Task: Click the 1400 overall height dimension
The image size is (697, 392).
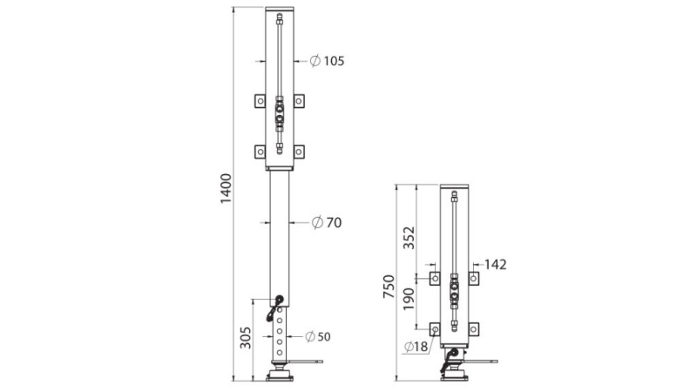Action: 226,189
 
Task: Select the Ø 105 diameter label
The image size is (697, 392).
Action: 328,61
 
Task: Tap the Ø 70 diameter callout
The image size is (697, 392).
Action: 327,223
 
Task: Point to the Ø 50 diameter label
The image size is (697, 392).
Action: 318,336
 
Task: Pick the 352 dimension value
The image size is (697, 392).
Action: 409,236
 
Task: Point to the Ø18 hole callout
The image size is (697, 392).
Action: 416,348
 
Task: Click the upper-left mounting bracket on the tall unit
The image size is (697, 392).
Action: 260,101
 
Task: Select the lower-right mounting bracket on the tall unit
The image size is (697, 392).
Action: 299,151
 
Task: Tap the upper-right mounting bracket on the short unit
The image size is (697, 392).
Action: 473,278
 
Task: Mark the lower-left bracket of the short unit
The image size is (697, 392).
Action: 435,328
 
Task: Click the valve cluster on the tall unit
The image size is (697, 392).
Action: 280,112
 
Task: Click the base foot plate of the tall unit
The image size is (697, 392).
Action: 280,375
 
